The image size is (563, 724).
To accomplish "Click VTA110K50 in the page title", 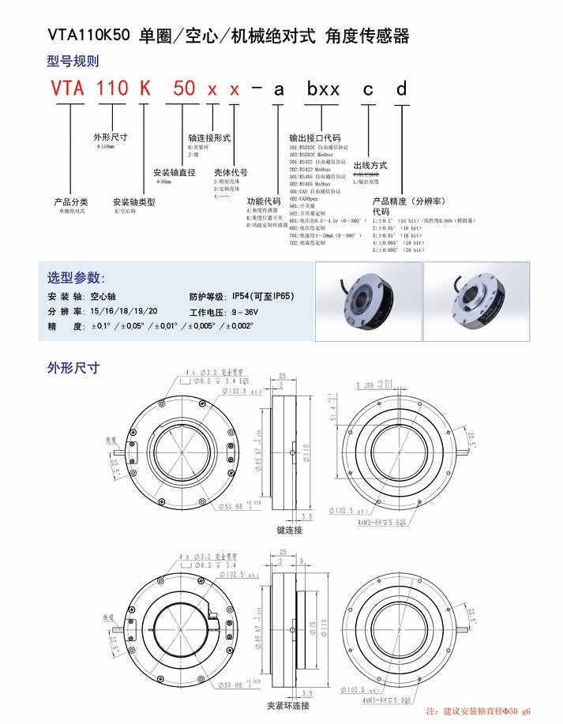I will [89, 36].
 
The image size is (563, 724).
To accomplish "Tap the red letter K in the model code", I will [145, 88].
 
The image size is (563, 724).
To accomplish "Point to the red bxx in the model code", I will [324, 89].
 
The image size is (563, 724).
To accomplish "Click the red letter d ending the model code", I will [402, 89].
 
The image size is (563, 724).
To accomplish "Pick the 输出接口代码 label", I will [315, 138].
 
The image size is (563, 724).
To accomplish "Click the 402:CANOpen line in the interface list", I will [307, 198].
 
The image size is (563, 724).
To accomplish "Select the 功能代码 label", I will [264, 201].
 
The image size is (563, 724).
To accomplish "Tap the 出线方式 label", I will [370, 165].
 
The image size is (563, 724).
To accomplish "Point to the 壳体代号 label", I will [231, 172].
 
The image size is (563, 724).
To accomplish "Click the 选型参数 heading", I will [75, 277].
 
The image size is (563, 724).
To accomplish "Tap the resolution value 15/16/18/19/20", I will [125, 312].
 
